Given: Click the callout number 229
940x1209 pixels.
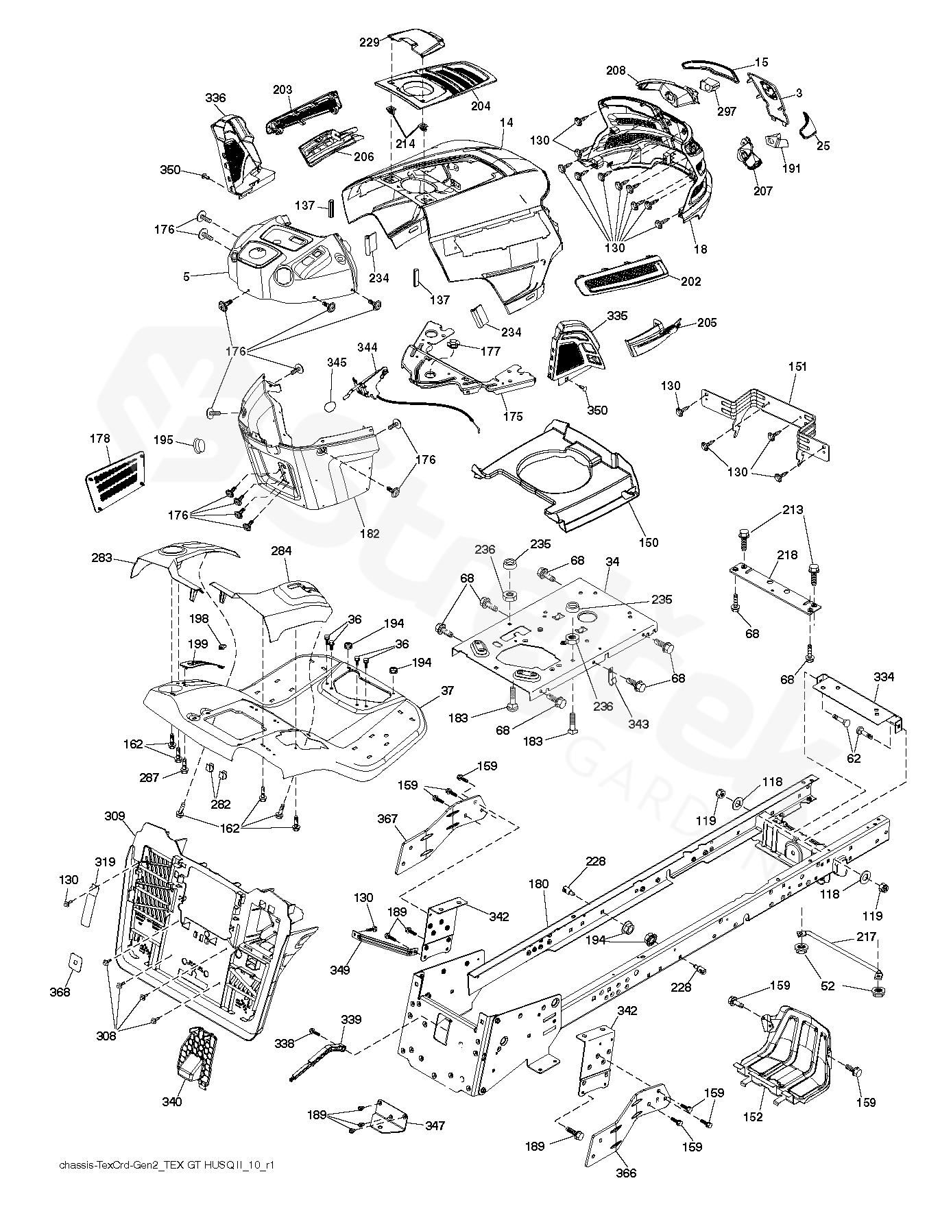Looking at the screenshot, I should coord(370,42).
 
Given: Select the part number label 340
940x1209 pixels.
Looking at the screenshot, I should coord(172,1101).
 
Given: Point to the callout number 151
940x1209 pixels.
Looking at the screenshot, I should coord(797,367).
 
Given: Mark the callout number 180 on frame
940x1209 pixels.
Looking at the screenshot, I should coord(539,884).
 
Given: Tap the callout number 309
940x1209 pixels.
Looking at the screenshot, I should coord(115,816).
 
